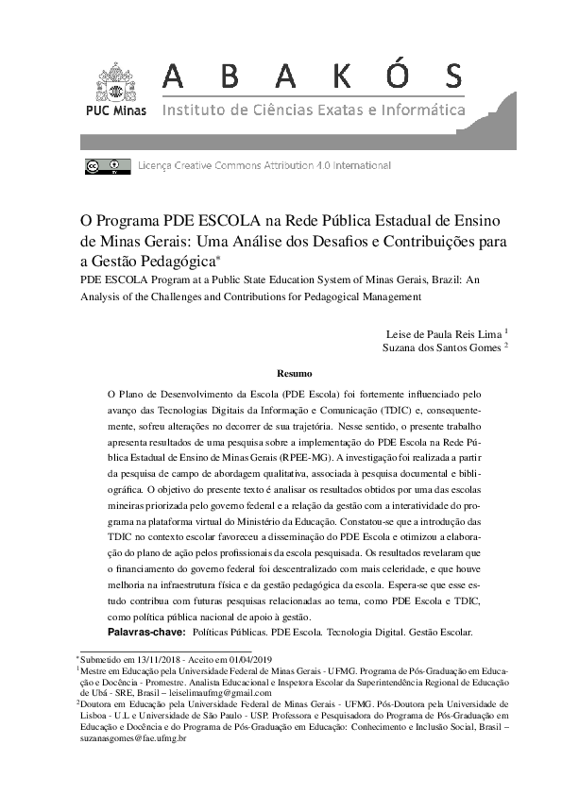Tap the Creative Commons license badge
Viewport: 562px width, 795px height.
[117, 166]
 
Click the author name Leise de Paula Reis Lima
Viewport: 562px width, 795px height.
[444, 333]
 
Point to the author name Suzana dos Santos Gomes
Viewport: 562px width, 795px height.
[441, 347]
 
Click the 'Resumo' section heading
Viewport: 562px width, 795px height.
[294, 373]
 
